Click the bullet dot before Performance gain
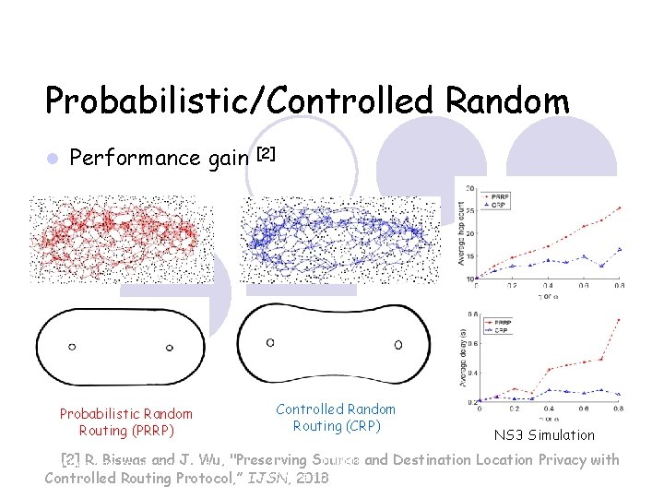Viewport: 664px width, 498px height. (53, 159)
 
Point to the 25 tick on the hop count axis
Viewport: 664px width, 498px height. (469, 210)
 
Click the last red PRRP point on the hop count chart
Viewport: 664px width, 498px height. (620, 207)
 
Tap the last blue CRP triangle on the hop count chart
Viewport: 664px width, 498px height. (620, 249)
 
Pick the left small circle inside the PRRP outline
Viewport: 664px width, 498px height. (72, 347)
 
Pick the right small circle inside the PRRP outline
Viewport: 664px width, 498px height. (169, 348)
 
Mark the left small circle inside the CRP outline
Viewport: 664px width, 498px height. (270, 342)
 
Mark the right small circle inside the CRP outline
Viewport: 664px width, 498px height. (397, 345)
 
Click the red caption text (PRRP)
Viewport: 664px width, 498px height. (126, 422)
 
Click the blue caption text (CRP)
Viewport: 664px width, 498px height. (336, 417)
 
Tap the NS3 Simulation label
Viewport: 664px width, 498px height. (544, 434)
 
